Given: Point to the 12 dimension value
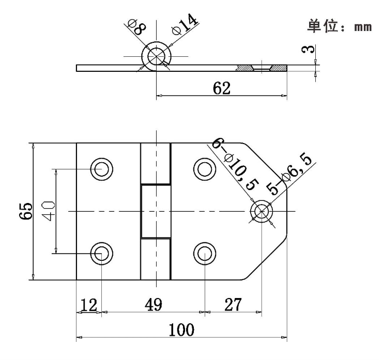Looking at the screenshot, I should (x=89, y=305).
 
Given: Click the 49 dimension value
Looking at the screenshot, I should (x=152, y=305).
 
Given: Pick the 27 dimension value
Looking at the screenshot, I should (x=233, y=305).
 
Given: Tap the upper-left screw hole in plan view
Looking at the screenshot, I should (x=101, y=168).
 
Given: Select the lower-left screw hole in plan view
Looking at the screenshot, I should (x=101, y=253).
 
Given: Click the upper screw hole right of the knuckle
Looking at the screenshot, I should (x=205, y=168).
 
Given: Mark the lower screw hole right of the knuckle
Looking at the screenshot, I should (x=205, y=253).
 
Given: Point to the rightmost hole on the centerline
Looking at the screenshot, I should (x=262, y=211).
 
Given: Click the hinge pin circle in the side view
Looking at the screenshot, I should (x=156, y=56).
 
